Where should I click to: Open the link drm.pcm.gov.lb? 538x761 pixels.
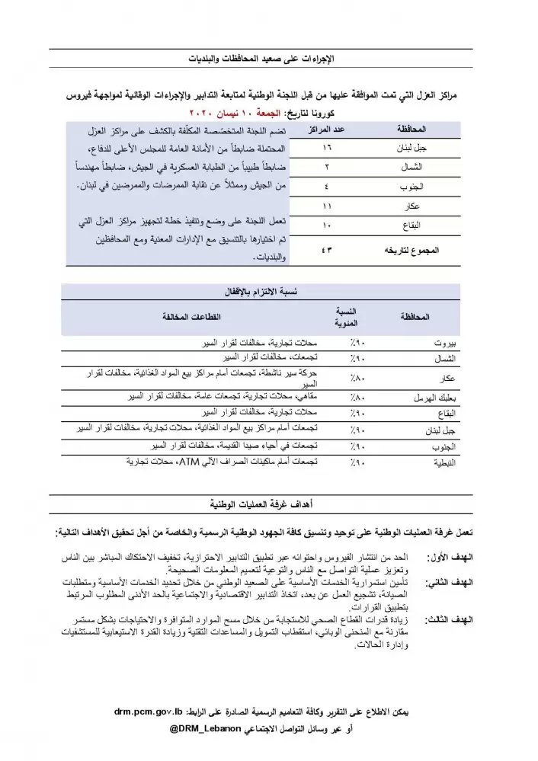(148, 712)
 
